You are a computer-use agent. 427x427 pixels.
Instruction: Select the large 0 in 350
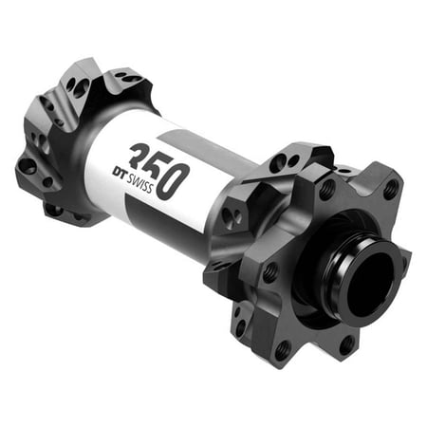coord(173,182)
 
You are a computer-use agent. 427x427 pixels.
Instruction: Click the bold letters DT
coord(120,172)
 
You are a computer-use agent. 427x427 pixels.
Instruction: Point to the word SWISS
coord(140,183)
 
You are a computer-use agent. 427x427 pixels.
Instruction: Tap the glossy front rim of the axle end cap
coord(372,285)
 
